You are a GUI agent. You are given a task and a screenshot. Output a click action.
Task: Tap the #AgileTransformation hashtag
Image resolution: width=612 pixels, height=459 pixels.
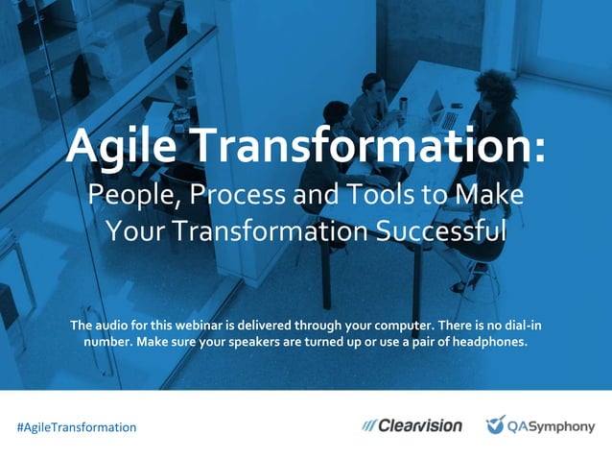pos(77,426)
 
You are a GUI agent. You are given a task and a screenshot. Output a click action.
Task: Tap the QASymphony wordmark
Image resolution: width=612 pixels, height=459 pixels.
pos(553,426)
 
